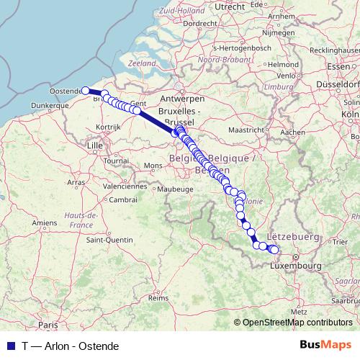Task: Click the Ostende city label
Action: coord(66,91)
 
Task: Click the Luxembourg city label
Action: coord(295,266)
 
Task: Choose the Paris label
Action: coord(48,325)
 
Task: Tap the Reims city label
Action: coord(158,297)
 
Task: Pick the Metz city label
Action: coord(300,310)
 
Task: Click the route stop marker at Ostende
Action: coord(86,91)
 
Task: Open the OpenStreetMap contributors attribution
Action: coord(297,323)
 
